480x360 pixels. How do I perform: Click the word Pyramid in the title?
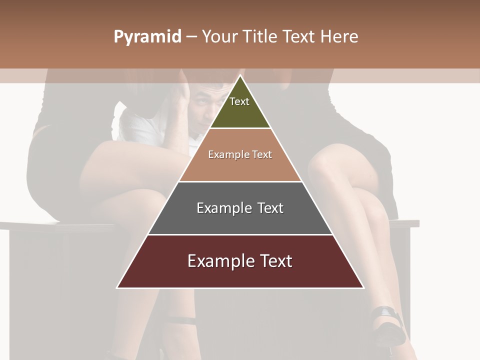coord(147,37)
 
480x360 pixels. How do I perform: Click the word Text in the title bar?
coord(300,37)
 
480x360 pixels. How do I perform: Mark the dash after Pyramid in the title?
coord(191,37)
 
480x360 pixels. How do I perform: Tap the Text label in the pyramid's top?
coord(239,101)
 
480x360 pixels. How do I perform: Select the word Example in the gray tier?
coord(224,208)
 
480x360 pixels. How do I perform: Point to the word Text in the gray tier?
coord(269,208)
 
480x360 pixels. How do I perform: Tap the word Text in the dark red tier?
coord(274,261)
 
